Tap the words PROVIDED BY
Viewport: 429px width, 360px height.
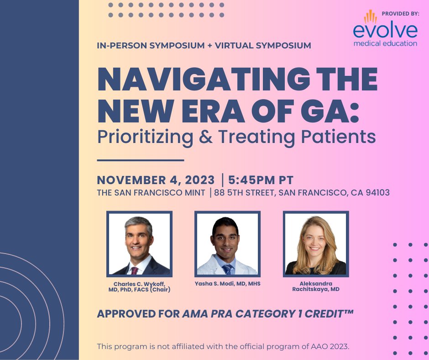point(400,13)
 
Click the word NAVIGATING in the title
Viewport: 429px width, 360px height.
point(204,79)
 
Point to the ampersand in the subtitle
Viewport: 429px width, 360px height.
point(206,136)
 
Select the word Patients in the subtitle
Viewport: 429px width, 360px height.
point(339,136)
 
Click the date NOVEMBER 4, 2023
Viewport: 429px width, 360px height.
point(156,180)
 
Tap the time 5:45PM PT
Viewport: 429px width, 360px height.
point(261,180)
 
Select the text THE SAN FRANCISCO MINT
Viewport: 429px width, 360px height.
point(151,193)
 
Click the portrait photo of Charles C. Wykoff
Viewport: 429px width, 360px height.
point(139,244)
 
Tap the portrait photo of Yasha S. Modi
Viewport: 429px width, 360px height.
point(227,244)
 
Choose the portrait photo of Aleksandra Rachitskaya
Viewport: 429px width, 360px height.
point(316,244)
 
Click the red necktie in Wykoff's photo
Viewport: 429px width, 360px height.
point(134,270)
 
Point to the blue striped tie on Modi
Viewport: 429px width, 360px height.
point(227,270)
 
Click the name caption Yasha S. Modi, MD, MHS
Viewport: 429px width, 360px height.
point(228,284)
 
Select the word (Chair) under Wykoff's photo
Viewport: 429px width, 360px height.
point(160,290)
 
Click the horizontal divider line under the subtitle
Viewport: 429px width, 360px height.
point(141,160)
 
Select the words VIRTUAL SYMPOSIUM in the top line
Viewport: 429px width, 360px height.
point(263,46)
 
